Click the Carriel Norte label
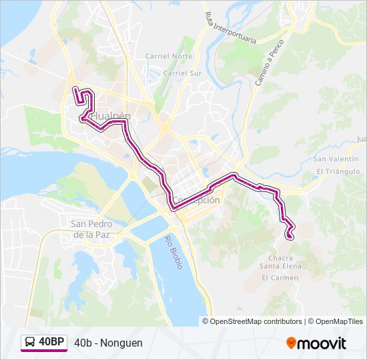coord(169,57)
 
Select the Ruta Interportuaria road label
coord(231,28)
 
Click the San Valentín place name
coord(336,159)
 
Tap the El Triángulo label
coord(338,171)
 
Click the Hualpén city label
coord(110,116)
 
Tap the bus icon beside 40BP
coord(31,343)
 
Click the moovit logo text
coord(322,343)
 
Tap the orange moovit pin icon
coord(291,343)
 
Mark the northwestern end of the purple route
coord(75,89)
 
